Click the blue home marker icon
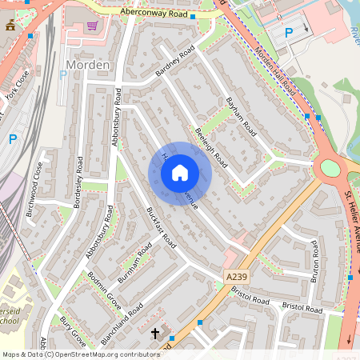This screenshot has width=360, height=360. (180, 173)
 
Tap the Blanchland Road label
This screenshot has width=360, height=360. (122, 323)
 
